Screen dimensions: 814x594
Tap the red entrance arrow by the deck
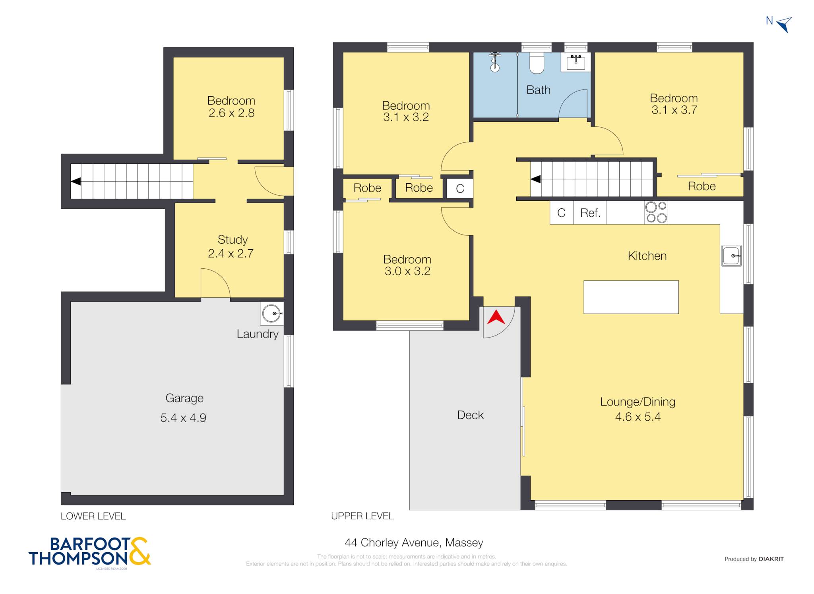(x=496, y=317)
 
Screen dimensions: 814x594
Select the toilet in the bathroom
(x=537, y=63)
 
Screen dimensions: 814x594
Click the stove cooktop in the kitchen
(x=656, y=212)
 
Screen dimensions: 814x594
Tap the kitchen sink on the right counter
(x=731, y=256)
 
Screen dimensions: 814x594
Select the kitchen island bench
(x=631, y=297)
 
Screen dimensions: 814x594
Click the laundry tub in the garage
(x=272, y=313)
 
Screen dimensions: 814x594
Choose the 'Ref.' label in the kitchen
(x=590, y=213)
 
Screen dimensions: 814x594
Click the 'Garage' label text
(x=184, y=398)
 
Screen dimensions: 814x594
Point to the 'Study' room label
(x=233, y=240)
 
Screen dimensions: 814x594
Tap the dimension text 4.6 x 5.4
(x=638, y=417)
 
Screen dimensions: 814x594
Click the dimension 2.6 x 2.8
(x=231, y=113)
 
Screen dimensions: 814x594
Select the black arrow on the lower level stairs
(x=76, y=181)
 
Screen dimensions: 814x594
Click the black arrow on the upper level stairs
(x=535, y=179)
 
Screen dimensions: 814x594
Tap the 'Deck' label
(x=470, y=415)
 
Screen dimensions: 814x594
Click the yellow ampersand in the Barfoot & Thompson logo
(x=140, y=551)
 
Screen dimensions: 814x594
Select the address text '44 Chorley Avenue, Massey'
(x=414, y=543)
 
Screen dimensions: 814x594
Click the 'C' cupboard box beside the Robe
(x=460, y=188)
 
